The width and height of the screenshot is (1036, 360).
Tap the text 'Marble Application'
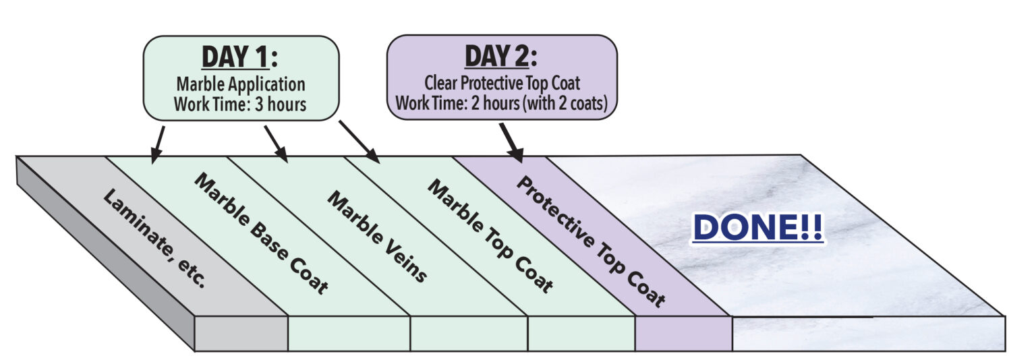pyautogui.click(x=240, y=84)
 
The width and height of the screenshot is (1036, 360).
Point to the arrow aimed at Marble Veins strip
pyautogui.click(x=276, y=144)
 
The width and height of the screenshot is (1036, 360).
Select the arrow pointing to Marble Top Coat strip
pyautogui.click(x=359, y=142)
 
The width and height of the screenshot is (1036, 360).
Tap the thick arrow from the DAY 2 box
pyautogui.click(x=511, y=142)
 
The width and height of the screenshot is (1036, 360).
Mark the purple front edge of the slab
pyautogui.click(x=683, y=333)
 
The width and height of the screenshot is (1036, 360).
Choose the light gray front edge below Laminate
pyautogui.click(x=241, y=333)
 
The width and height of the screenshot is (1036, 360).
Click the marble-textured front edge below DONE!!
pyautogui.click(x=867, y=333)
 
